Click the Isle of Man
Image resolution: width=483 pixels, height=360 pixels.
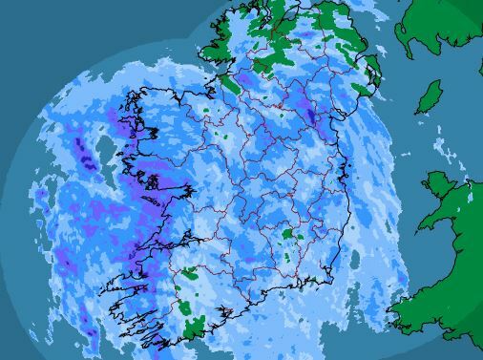tap(431, 96)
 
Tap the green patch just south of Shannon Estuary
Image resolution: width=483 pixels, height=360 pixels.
tap(189, 274)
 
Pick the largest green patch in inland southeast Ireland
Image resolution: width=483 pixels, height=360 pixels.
tap(288, 235)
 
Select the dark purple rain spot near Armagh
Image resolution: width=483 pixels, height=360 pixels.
tap(310, 116)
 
